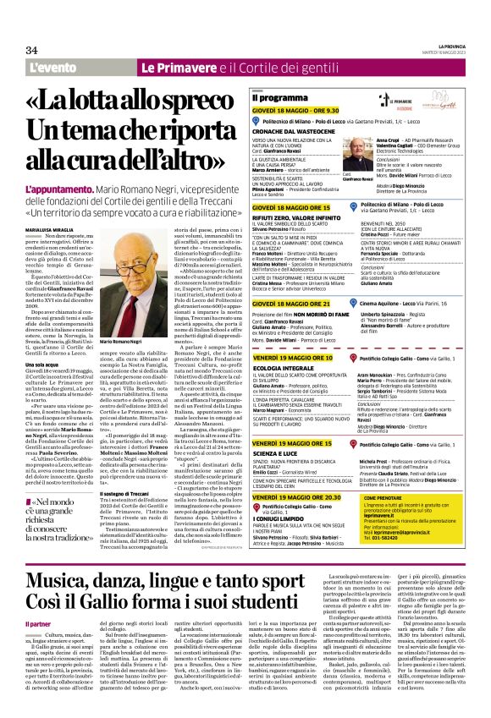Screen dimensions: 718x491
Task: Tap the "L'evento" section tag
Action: click(50, 67)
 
